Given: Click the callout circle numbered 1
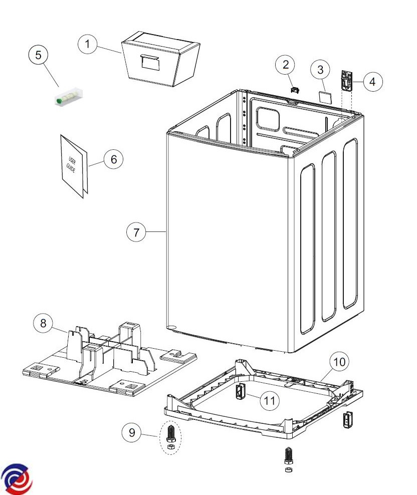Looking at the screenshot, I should (x=88, y=45).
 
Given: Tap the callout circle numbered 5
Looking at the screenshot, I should (x=38, y=55).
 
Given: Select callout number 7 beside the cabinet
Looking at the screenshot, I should (x=136, y=232).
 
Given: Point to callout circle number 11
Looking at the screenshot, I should (x=270, y=400).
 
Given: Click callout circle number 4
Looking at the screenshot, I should (x=372, y=81).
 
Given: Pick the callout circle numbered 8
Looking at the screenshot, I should (x=43, y=324).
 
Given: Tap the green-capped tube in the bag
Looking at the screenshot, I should (x=68, y=98).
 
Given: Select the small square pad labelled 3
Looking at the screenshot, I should (x=324, y=96).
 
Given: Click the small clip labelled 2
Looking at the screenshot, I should (x=295, y=89).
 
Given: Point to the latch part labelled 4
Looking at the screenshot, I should (x=346, y=80).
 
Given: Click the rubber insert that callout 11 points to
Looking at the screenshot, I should (x=240, y=391).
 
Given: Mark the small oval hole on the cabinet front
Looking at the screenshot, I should (x=172, y=328).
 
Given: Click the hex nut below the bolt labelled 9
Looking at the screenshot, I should (x=170, y=445).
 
